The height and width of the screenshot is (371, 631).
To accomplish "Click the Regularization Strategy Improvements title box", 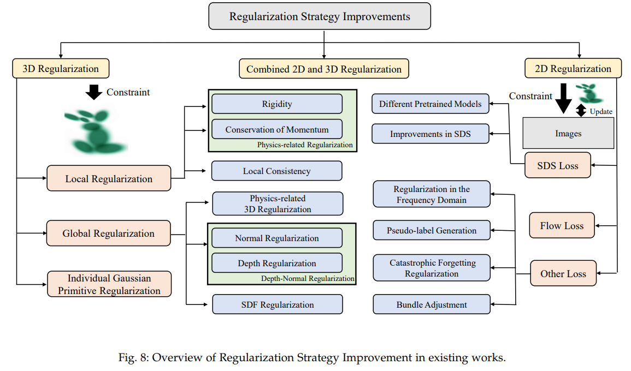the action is [320, 16].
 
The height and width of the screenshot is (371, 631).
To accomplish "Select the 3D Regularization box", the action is [61, 68].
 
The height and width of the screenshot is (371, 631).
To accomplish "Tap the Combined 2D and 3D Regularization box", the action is [324, 69].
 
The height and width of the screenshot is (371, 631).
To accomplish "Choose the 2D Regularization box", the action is [573, 68].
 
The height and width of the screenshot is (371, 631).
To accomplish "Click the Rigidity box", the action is [277, 104].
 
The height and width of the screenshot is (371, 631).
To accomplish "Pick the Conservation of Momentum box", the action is [277, 129].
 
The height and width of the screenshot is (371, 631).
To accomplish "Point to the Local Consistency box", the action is [277, 171].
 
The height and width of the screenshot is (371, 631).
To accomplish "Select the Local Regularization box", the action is [109, 178].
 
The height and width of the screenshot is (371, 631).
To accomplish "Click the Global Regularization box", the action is [108, 233].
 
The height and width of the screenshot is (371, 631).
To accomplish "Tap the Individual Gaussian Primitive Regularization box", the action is [109, 284].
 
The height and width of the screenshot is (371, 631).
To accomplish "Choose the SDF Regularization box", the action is [278, 304].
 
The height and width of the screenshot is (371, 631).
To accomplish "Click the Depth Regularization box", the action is [277, 263].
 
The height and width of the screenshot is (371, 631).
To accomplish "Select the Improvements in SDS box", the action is [430, 134].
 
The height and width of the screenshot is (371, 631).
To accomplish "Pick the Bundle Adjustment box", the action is [432, 304].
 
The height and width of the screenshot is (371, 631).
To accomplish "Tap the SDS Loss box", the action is [558, 165].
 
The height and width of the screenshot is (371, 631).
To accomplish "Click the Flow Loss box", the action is [562, 225].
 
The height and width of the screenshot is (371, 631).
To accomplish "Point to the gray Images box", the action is [568, 134].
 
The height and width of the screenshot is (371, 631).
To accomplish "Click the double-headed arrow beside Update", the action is [581, 110].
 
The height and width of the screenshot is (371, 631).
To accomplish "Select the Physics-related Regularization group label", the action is [305, 145].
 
